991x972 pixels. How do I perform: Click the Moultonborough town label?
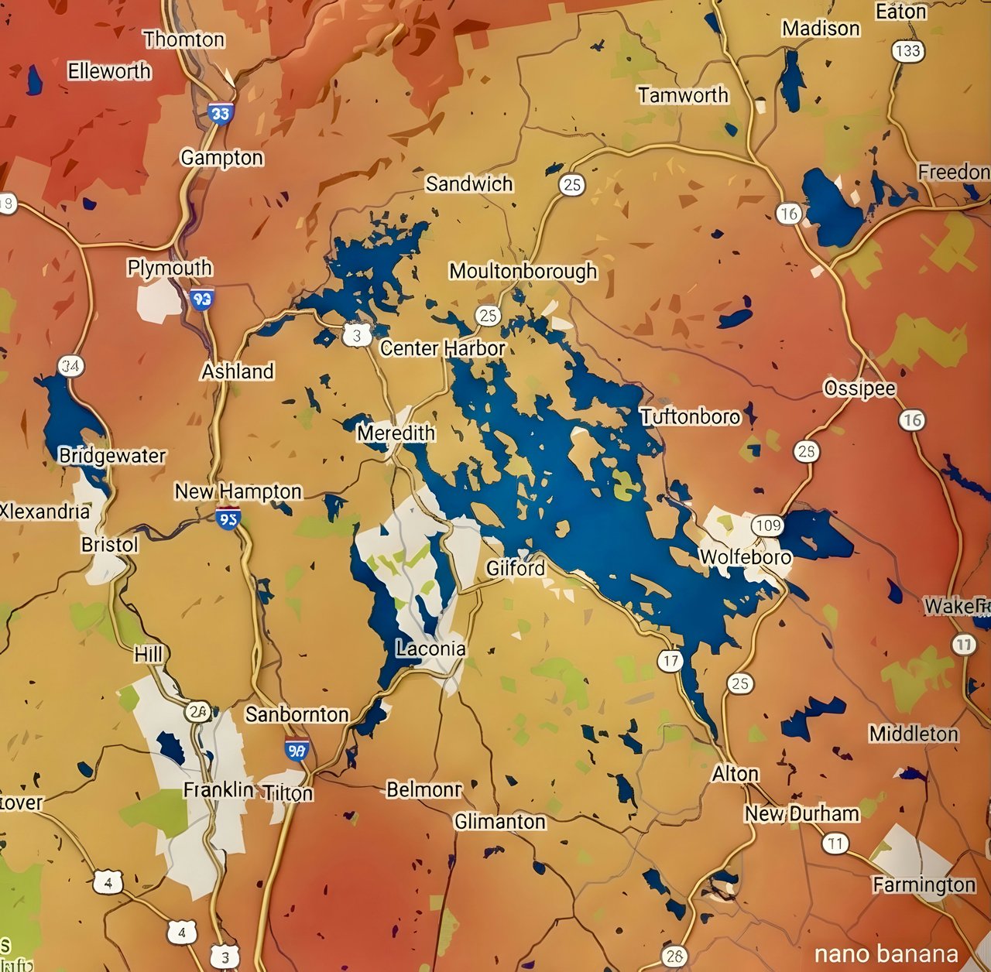pyautogui.click(x=523, y=272)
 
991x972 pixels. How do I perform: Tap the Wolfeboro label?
pyautogui.click(x=745, y=557)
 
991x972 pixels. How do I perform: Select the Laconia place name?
pyautogui.click(x=430, y=649)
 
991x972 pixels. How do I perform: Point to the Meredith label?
pyautogui.click(x=396, y=433)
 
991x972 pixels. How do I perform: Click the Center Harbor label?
pyautogui.click(x=442, y=349)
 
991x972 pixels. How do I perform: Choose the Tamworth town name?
pyautogui.click(x=683, y=95)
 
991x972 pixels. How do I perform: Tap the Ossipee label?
pyautogui.click(x=859, y=388)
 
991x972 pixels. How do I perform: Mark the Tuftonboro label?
pyautogui.click(x=690, y=417)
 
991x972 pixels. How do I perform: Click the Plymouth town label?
pyautogui.click(x=170, y=268)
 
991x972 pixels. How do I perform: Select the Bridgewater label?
pyautogui.click(x=112, y=456)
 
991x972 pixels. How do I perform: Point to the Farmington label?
pyautogui.click(x=924, y=885)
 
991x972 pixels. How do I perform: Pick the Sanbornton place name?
pyautogui.click(x=297, y=714)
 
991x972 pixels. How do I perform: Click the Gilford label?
pyautogui.click(x=515, y=569)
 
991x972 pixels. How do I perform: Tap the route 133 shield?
pyautogui.click(x=907, y=52)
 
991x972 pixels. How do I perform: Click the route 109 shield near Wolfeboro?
pyautogui.click(x=768, y=526)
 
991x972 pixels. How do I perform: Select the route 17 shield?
pyautogui.click(x=670, y=661)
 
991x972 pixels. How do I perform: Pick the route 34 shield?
pyautogui.click(x=70, y=366)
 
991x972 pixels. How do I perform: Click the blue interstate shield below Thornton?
pyautogui.click(x=221, y=114)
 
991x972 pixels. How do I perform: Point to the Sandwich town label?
pyautogui.click(x=469, y=184)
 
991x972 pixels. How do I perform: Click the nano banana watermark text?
pyautogui.click(x=886, y=954)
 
